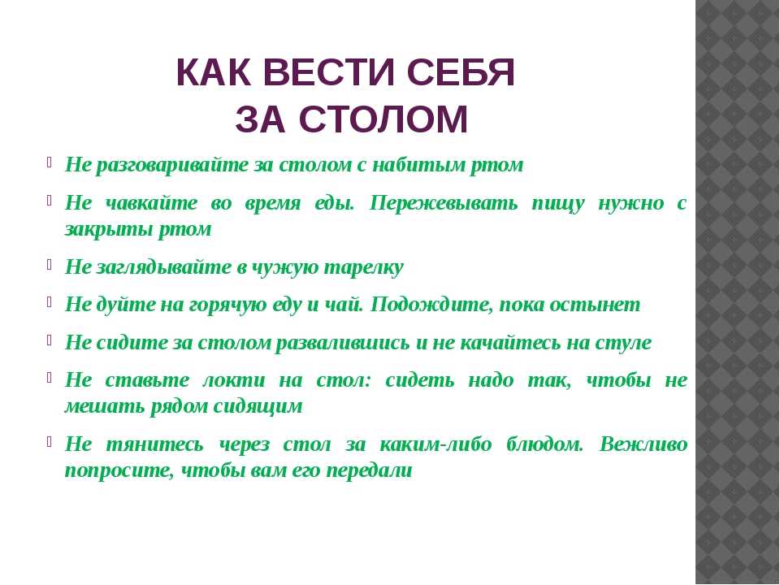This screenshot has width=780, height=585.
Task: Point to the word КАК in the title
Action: [214, 72]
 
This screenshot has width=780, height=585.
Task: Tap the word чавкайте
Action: [152, 203]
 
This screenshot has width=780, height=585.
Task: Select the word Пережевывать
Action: [444, 203]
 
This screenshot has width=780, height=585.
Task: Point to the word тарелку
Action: [364, 267]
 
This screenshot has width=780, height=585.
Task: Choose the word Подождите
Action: [432, 305]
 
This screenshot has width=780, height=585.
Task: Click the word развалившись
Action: [343, 343]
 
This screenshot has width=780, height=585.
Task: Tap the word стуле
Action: [624, 343]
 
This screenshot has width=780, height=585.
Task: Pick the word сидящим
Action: [258, 406]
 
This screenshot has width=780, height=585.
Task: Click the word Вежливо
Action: [643, 444]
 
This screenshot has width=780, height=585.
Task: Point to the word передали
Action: [369, 470]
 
